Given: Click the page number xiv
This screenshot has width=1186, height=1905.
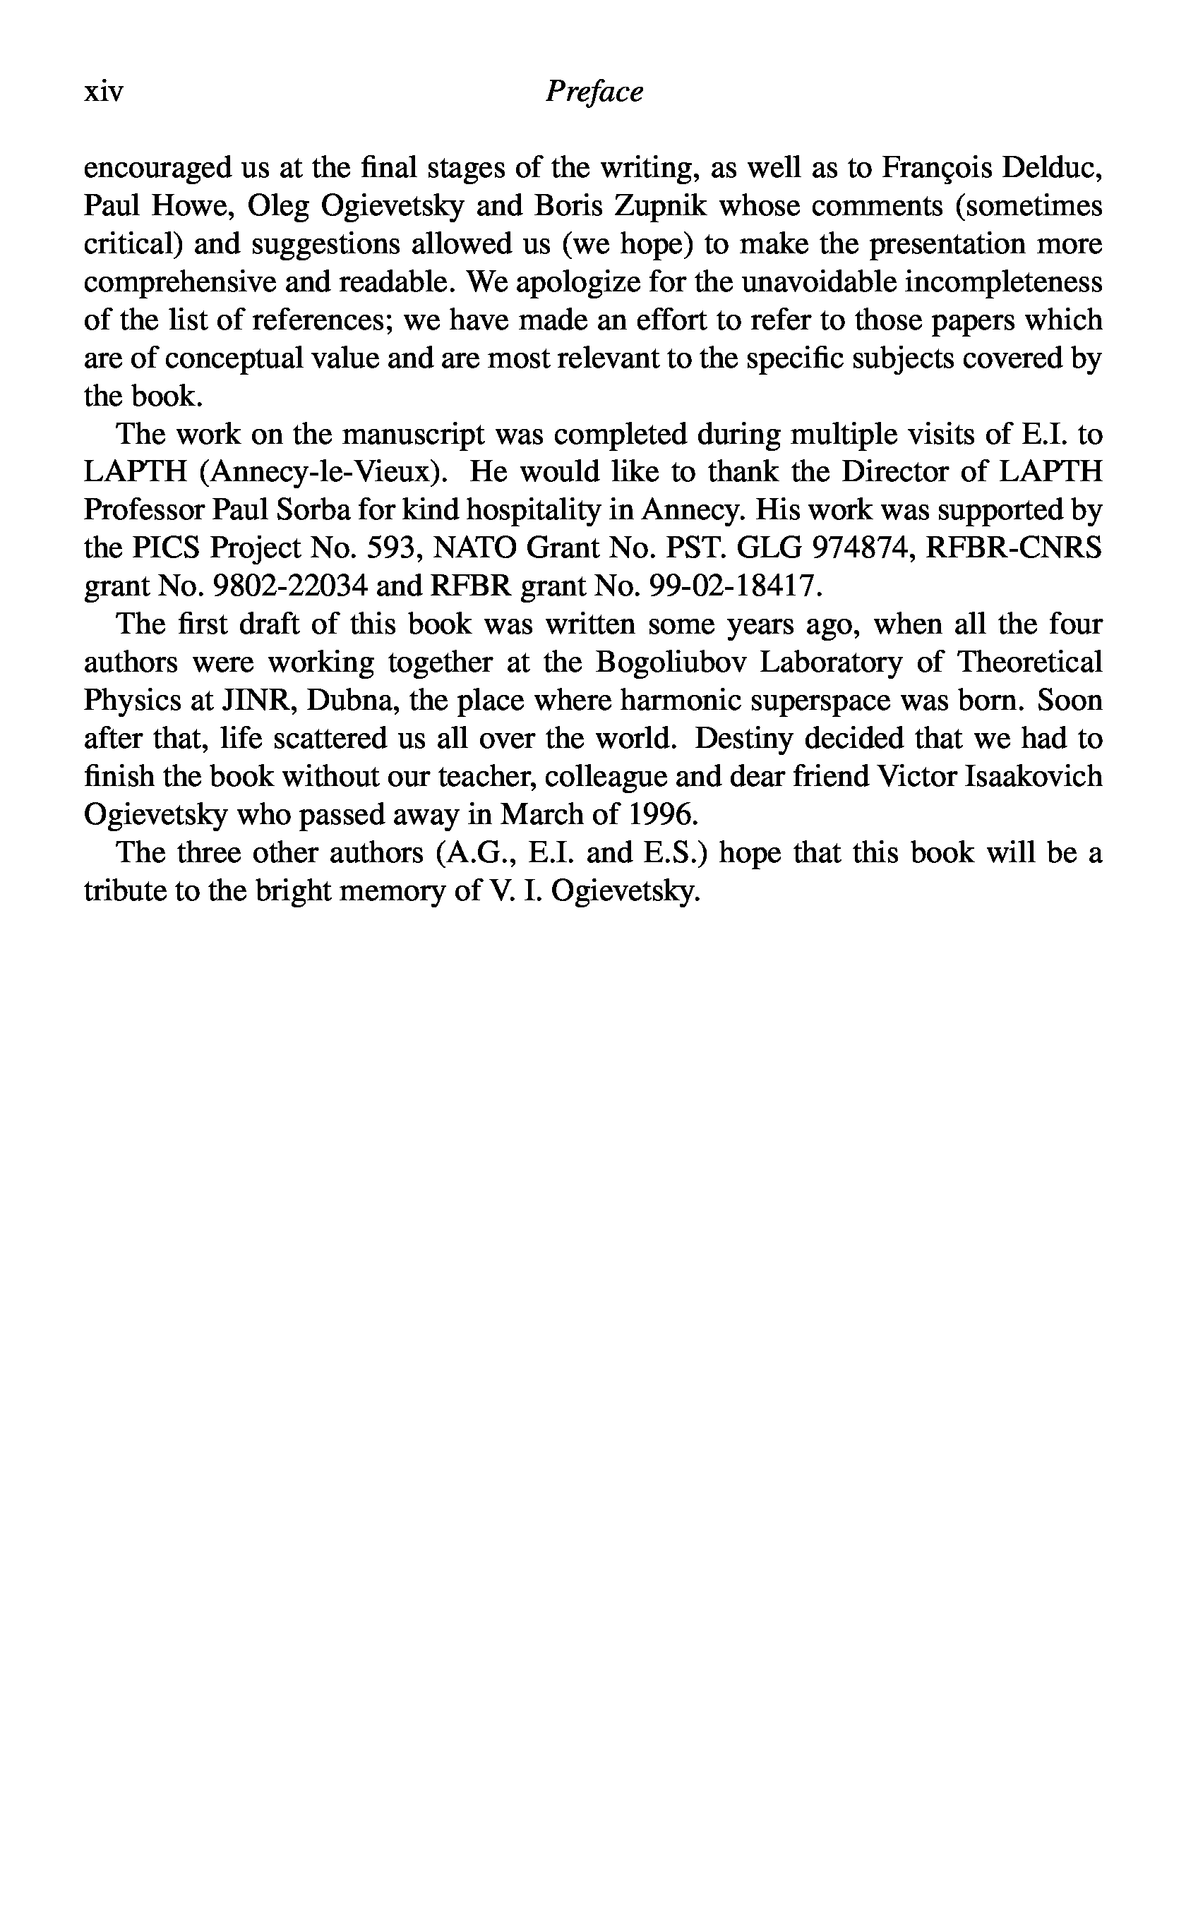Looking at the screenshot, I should coord(104,92).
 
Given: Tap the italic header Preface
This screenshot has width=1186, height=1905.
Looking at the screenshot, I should coord(594,92).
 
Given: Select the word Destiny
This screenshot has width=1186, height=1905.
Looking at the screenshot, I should coord(745,739).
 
